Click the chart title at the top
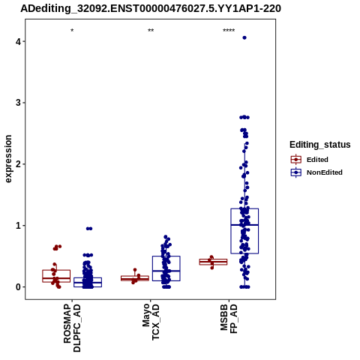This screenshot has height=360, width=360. click(151, 8)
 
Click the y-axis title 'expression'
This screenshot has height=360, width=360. click(8, 159)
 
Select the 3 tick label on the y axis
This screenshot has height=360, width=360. click(18, 103)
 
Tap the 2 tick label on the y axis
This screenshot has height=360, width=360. click(18, 164)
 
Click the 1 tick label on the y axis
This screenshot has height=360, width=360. click(18, 226)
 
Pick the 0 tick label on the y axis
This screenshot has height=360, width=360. click(18, 287)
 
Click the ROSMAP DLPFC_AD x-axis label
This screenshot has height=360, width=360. click(72, 328)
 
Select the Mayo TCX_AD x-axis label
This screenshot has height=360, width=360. click(151, 322)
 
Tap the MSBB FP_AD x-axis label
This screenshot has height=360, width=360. click(229, 319)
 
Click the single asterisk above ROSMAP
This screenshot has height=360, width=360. click(72, 31)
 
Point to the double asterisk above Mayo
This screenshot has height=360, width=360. click(151, 31)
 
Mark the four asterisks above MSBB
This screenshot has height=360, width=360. click(229, 31)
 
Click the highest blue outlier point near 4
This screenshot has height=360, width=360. click(244, 37)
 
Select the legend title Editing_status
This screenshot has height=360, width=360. click(320, 145)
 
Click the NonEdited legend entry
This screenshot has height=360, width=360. click(316, 172)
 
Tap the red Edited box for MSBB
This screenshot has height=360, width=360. click(213, 262)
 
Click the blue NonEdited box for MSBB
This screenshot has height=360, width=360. click(244, 231)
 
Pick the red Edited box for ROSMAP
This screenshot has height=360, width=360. click(56, 276)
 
